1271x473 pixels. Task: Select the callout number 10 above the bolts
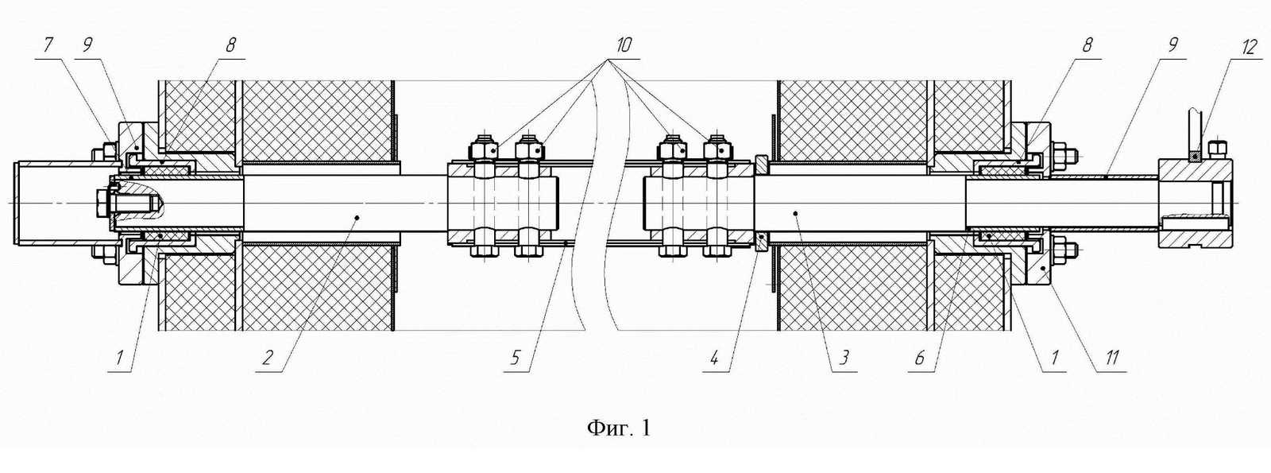coord(622,45)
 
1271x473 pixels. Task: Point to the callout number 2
coord(267,358)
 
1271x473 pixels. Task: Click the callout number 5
coord(516,358)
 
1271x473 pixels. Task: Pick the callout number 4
coord(714,358)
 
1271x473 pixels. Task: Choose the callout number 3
coord(843,358)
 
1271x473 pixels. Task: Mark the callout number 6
coord(920,358)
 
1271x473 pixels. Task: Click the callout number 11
coord(1111,358)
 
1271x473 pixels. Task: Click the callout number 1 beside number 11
coord(1054,358)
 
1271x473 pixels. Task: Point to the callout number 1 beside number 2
coord(120,358)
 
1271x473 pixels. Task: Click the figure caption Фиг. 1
coord(619,428)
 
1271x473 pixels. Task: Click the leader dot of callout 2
coord(357,216)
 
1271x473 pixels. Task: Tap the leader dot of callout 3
coord(795,213)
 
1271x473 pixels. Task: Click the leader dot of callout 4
coord(759,236)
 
